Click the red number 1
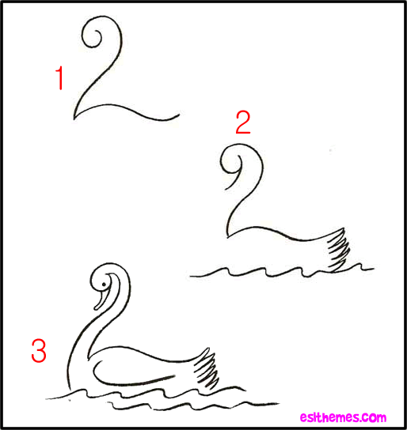tap(60, 78)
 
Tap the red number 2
tap(243, 123)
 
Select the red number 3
tap(39, 351)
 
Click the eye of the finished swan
tap(104, 285)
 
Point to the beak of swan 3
tap(101, 300)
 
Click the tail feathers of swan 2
tap(338, 249)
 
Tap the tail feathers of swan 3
tap(207, 369)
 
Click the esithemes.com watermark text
tap(343, 417)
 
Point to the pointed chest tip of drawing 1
tap(74, 119)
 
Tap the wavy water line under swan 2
tap(281, 271)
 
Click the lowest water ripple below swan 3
tap(192, 405)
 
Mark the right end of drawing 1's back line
tap(179, 114)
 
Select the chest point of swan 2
tap(228, 236)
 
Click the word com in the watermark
tap(374, 417)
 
